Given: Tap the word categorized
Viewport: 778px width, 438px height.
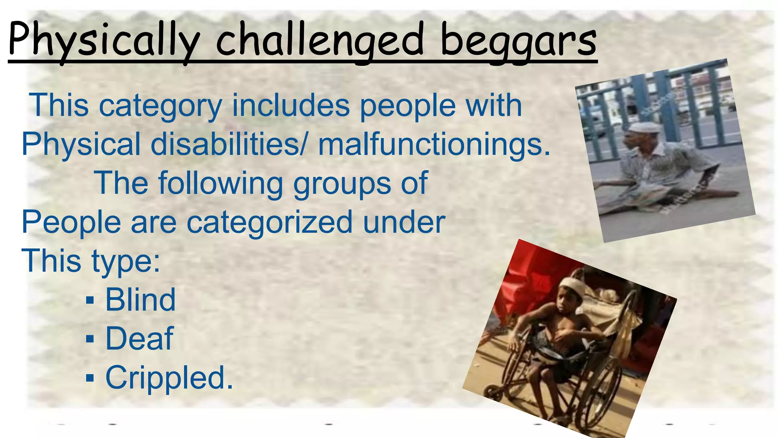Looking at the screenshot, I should click(x=269, y=222).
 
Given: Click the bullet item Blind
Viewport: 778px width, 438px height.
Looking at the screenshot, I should click(x=140, y=300).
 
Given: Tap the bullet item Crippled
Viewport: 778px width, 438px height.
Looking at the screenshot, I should click(x=169, y=378).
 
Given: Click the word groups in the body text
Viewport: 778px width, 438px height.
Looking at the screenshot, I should click(x=342, y=184).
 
